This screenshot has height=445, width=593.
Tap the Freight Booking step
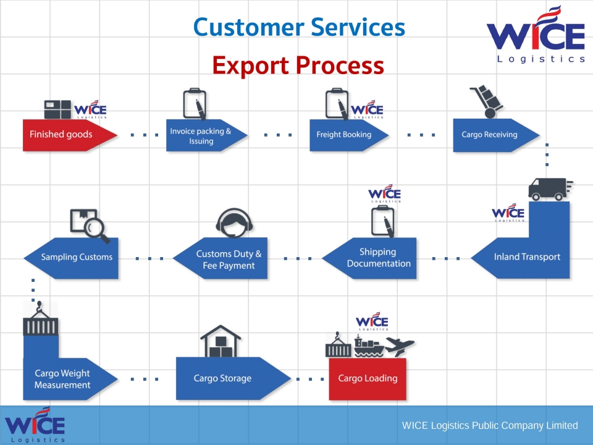pos(345,134)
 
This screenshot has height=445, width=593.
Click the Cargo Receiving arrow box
pos(491,134)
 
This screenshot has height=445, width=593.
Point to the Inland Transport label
pos(527,257)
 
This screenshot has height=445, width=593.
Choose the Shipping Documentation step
pos(377,258)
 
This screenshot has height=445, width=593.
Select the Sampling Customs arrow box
pos(75,257)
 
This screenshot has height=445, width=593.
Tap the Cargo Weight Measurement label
pos(62,379)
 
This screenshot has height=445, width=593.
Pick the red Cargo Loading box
pos(368,378)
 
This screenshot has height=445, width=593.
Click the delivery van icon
pos(549,189)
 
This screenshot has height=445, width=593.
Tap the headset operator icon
pos(234,222)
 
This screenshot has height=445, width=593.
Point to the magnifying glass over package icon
pos(90,226)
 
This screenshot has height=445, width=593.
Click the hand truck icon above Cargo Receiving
pos(486,101)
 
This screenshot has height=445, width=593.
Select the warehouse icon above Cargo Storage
pos(220,342)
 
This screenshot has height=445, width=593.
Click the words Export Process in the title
pos(298,65)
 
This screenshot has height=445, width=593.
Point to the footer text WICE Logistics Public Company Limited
pos(489,425)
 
